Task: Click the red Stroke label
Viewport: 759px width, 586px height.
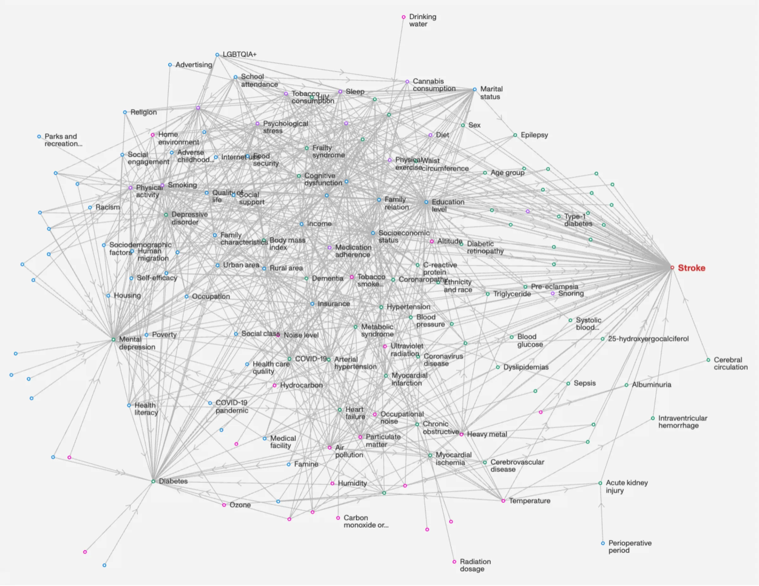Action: pyautogui.click(x=691, y=268)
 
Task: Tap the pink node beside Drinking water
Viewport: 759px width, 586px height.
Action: pyautogui.click(x=404, y=17)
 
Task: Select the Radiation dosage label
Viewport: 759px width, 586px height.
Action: pyautogui.click(x=475, y=565)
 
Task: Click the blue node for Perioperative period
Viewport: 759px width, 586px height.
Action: pyautogui.click(x=603, y=543)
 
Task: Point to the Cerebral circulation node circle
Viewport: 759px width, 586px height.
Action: pyautogui.click(x=708, y=360)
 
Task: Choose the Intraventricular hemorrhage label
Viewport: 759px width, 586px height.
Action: pyautogui.click(x=683, y=422)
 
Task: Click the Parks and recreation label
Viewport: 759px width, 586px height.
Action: pyautogui.click(x=63, y=140)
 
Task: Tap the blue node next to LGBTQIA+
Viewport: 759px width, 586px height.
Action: pyautogui.click(x=217, y=55)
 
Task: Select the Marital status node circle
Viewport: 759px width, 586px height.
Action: pyautogui.click(x=475, y=89)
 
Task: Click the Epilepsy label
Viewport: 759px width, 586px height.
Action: pyautogui.click(x=534, y=135)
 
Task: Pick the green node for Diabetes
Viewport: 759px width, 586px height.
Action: pyautogui.click(x=153, y=482)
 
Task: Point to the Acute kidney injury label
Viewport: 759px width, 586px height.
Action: pyautogui.click(x=627, y=486)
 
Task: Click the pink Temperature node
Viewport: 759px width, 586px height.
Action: pyautogui.click(x=503, y=501)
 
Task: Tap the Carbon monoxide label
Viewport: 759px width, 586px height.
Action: pyautogui.click(x=366, y=521)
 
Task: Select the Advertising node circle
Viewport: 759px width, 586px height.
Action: pyautogui.click(x=170, y=65)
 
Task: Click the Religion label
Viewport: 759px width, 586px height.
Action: pyautogui.click(x=144, y=112)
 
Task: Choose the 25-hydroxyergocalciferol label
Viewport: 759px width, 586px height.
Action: pyautogui.click(x=648, y=339)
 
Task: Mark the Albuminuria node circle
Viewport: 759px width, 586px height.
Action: pyautogui.click(x=626, y=385)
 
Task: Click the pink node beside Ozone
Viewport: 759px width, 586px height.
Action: pyautogui.click(x=224, y=505)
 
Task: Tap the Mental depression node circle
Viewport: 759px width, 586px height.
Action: pyautogui.click(x=113, y=340)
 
